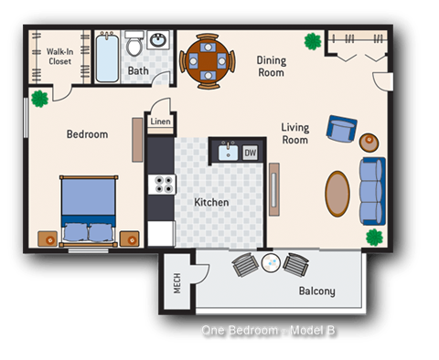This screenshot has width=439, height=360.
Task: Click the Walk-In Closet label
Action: point(59,58)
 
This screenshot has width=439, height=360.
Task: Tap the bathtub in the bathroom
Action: point(107,57)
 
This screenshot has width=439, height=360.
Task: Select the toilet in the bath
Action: point(134,44)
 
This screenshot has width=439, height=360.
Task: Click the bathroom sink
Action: point(158,41)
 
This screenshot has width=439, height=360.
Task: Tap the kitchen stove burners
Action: point(164,184)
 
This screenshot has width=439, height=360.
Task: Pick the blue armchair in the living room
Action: point(342,131)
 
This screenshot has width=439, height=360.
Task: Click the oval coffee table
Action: point(337,194)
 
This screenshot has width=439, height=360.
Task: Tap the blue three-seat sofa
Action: point(372,190)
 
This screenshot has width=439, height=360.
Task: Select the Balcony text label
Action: point(316,291)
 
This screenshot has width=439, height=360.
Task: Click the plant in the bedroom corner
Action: point(39,98)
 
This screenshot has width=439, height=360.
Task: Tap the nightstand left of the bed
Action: point(48,239)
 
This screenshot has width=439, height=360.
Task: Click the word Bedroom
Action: point(87,134)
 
